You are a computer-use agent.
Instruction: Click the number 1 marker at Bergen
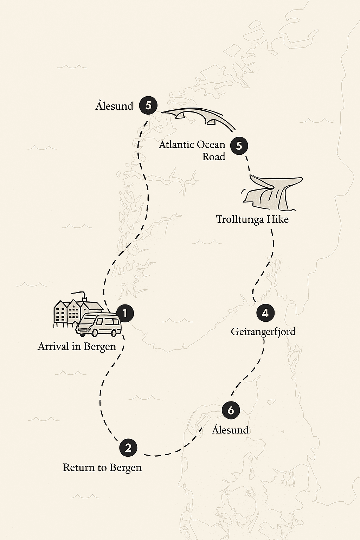coord(125,313)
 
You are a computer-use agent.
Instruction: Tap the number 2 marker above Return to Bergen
coord(128,448)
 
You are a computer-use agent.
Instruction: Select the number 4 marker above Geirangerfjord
coord(265,313)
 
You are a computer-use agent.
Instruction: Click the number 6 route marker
coord(231,410)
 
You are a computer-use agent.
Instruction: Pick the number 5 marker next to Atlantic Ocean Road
coord(239,146)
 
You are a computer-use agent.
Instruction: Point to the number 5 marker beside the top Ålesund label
coord(148,105)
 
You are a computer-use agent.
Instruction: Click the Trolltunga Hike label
coord(252,219)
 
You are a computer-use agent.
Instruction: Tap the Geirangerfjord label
coord(263,332)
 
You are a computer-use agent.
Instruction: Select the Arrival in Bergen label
coord(77,347)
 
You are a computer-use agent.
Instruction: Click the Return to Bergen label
coord(102,468)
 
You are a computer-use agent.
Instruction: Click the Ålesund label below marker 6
coord(230,430)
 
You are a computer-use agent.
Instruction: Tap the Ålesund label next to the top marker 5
coord(114,106)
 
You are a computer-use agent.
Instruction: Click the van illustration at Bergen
coord(99,325)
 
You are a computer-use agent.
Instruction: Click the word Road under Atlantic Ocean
coord(214,156)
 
